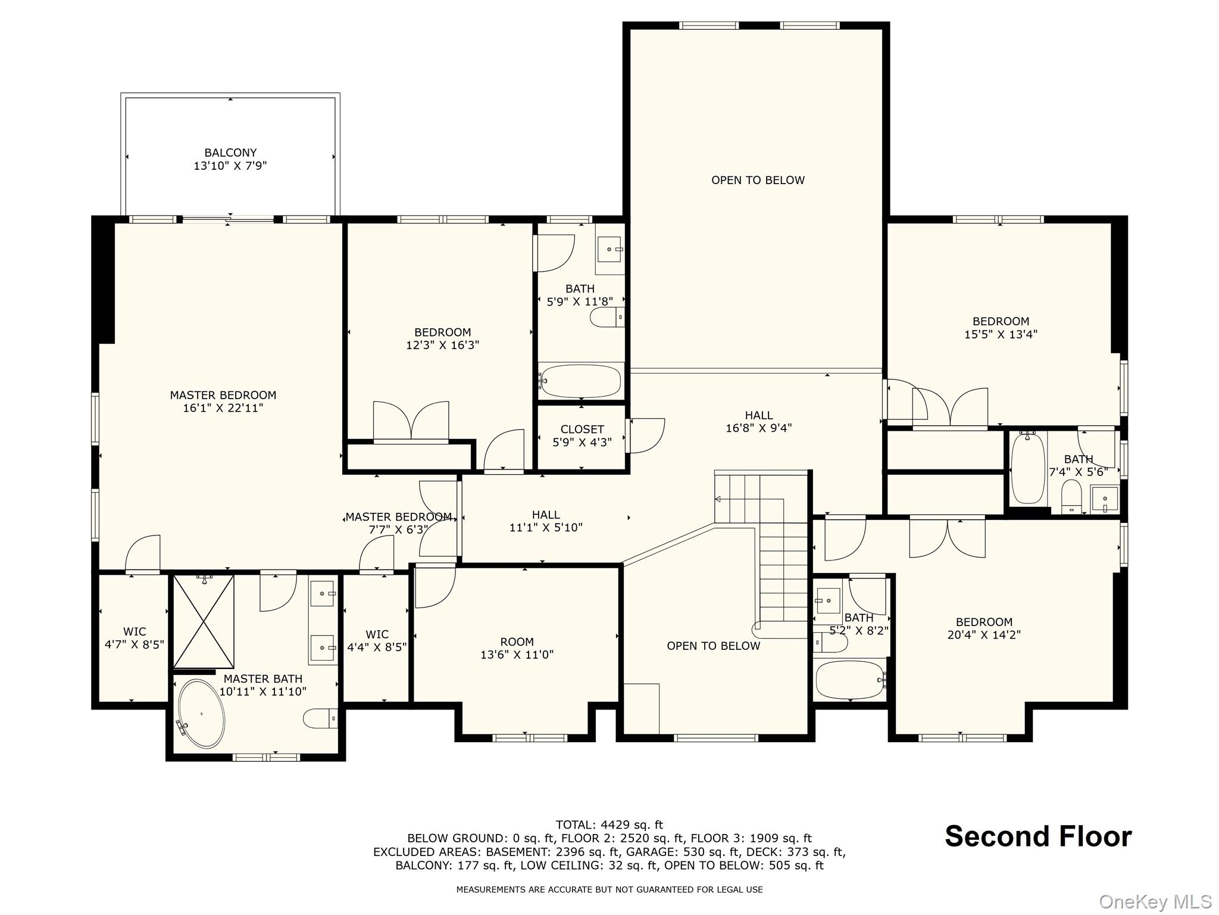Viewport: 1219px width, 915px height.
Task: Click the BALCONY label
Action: click(x=230, y=153)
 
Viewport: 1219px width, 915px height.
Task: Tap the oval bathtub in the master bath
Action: click(x=202, y=714)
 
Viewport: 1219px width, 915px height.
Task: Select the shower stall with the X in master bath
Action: click(x=204, y=621)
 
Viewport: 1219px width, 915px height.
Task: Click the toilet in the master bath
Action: click(x=320, y=719)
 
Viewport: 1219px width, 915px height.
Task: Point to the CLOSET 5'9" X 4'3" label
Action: click(x=582, y=436)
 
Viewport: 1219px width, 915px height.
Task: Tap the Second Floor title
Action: click(x=1038, y=836)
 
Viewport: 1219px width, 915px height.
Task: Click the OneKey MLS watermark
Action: click(x=1155, y=902)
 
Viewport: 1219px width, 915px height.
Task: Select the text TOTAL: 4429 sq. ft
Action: click(x=609, y=825)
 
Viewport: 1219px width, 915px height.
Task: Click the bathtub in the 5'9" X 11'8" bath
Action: click(x=580, y=381)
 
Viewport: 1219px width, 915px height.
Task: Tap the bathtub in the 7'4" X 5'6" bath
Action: click(x=1028, y=468)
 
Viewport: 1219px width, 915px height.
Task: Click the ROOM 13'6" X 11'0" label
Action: click(x=517, y=648)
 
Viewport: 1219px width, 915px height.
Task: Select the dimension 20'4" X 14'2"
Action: click(x=984, y=635)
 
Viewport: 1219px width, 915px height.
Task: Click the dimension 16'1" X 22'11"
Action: click(x=223, y=408)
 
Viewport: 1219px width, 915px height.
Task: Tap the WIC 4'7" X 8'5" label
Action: click(x=135, y=638)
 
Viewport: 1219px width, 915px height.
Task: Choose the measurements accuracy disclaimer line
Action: click(x=609, y=889)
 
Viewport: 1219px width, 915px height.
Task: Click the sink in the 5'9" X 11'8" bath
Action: click(x=610, y=249)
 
